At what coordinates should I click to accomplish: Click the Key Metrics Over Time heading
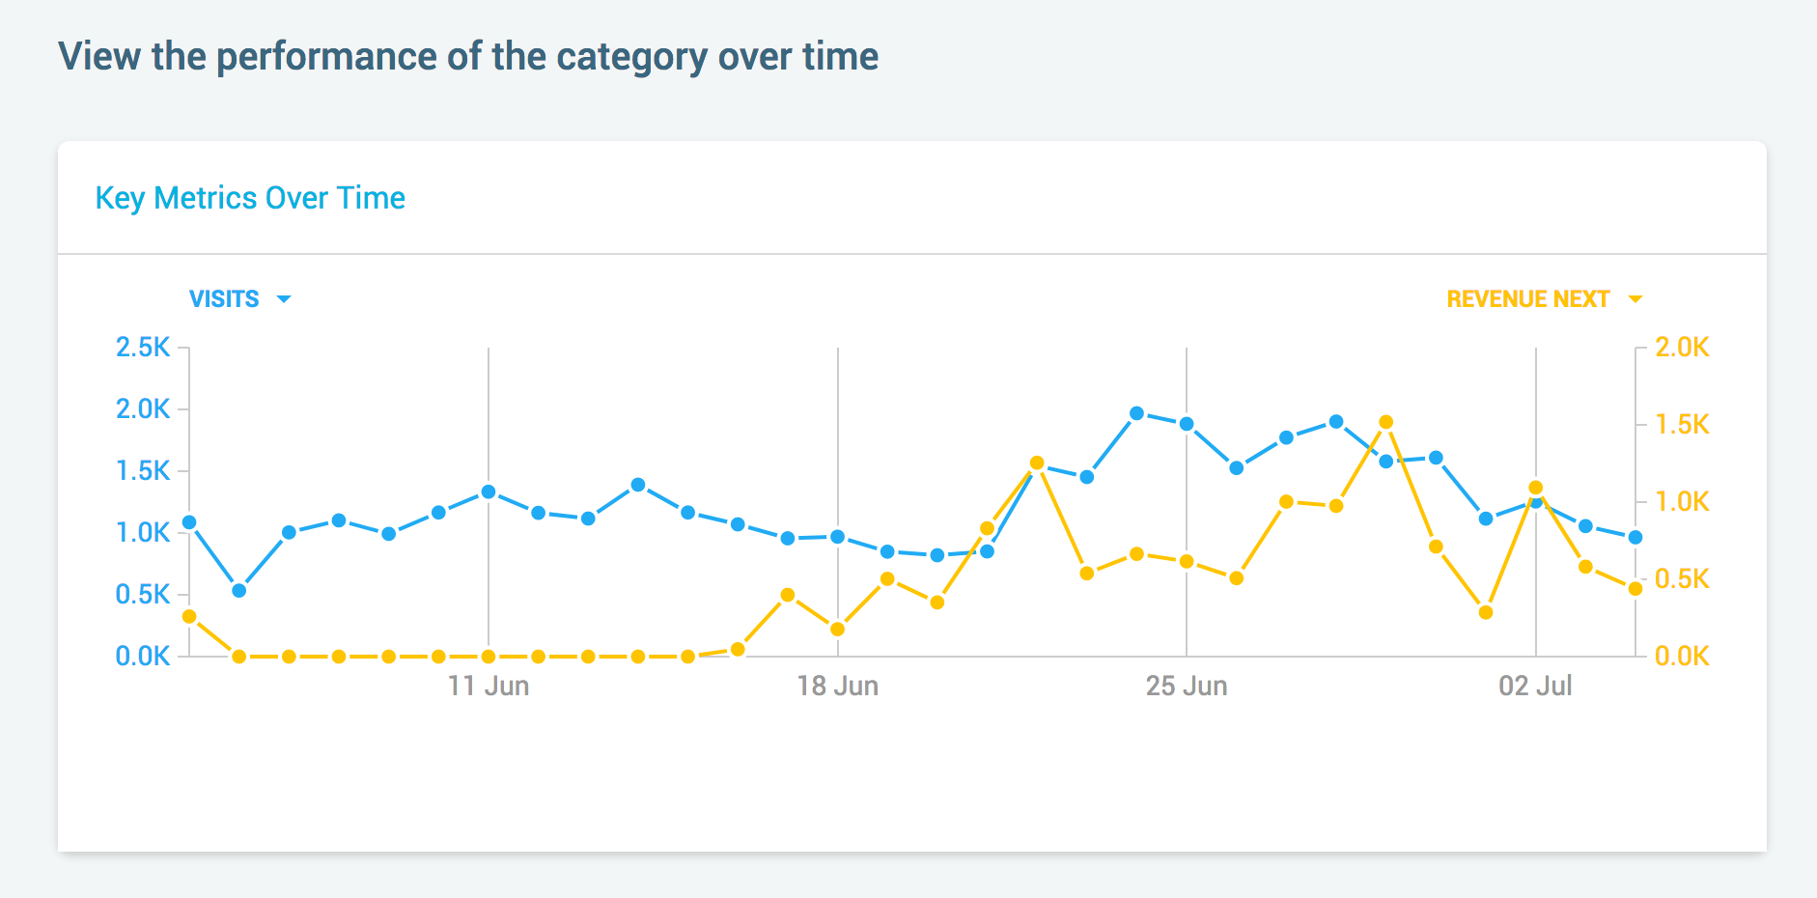click(x=250, y=198)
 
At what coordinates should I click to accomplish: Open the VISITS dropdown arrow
click(x=284, y=299)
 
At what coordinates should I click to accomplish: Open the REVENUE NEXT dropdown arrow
click(x=1635, y=299)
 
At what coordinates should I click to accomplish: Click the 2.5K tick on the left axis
click(x=143, y=348)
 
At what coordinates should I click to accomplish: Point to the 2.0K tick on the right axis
click(x=1682, y=348)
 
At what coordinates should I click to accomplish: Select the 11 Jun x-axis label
click(x=489, y=687)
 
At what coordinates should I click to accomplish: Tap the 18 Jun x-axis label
click(x=837, y=687)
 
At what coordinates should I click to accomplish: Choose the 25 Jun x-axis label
click(x=1187, y=687)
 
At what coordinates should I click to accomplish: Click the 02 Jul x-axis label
click(x=1535, y=687)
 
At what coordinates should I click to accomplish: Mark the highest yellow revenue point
click(x=1386, y=422)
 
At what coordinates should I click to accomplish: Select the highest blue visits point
click(x=1136, y=413)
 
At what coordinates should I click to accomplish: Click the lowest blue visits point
click(x=239, y=590)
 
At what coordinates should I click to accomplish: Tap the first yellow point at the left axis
click(x=189, y=616)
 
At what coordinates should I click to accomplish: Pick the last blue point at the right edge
click(x=1635, y=537)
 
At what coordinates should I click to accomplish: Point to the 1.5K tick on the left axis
click(x=143, y=471)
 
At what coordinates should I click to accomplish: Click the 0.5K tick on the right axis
click(x=1682, y=579)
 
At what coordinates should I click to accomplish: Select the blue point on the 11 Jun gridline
click(x=489, y=491)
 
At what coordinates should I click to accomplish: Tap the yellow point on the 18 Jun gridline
click(x=837, y=629)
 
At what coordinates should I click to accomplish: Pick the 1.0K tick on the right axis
click(x=1682, y=502)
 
